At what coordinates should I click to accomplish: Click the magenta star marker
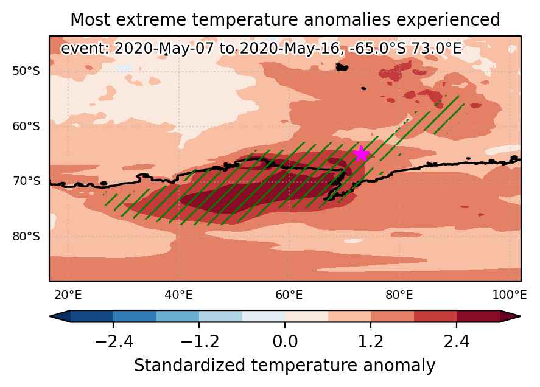[x=361, y=154]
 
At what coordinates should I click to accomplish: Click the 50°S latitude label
[x=26, y=71]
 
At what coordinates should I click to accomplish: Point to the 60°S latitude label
[x=26, y=126]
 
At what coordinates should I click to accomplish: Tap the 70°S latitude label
[x=26, y=181]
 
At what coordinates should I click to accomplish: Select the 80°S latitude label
[x=26, y=237]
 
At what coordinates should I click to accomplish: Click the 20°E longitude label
[x=68, y=295]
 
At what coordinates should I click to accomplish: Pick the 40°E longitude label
[x=178, y=295]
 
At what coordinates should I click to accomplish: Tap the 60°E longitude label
[x=289, y=295]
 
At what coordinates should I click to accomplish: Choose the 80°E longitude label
[x=399, y=295]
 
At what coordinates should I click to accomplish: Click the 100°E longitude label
[x=510, y=295]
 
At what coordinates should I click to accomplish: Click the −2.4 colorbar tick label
[x=114, y=342]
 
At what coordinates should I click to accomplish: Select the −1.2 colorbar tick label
[x=200, y=342]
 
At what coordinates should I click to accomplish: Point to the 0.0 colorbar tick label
[x=285, y=342]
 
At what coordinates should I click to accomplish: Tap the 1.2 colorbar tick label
[x=371, y=342]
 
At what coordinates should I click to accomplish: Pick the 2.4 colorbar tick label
[x=457, y=342]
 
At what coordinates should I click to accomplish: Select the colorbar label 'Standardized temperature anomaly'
[x=285, y=366]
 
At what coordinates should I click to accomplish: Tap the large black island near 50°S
[x=342, y=67]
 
